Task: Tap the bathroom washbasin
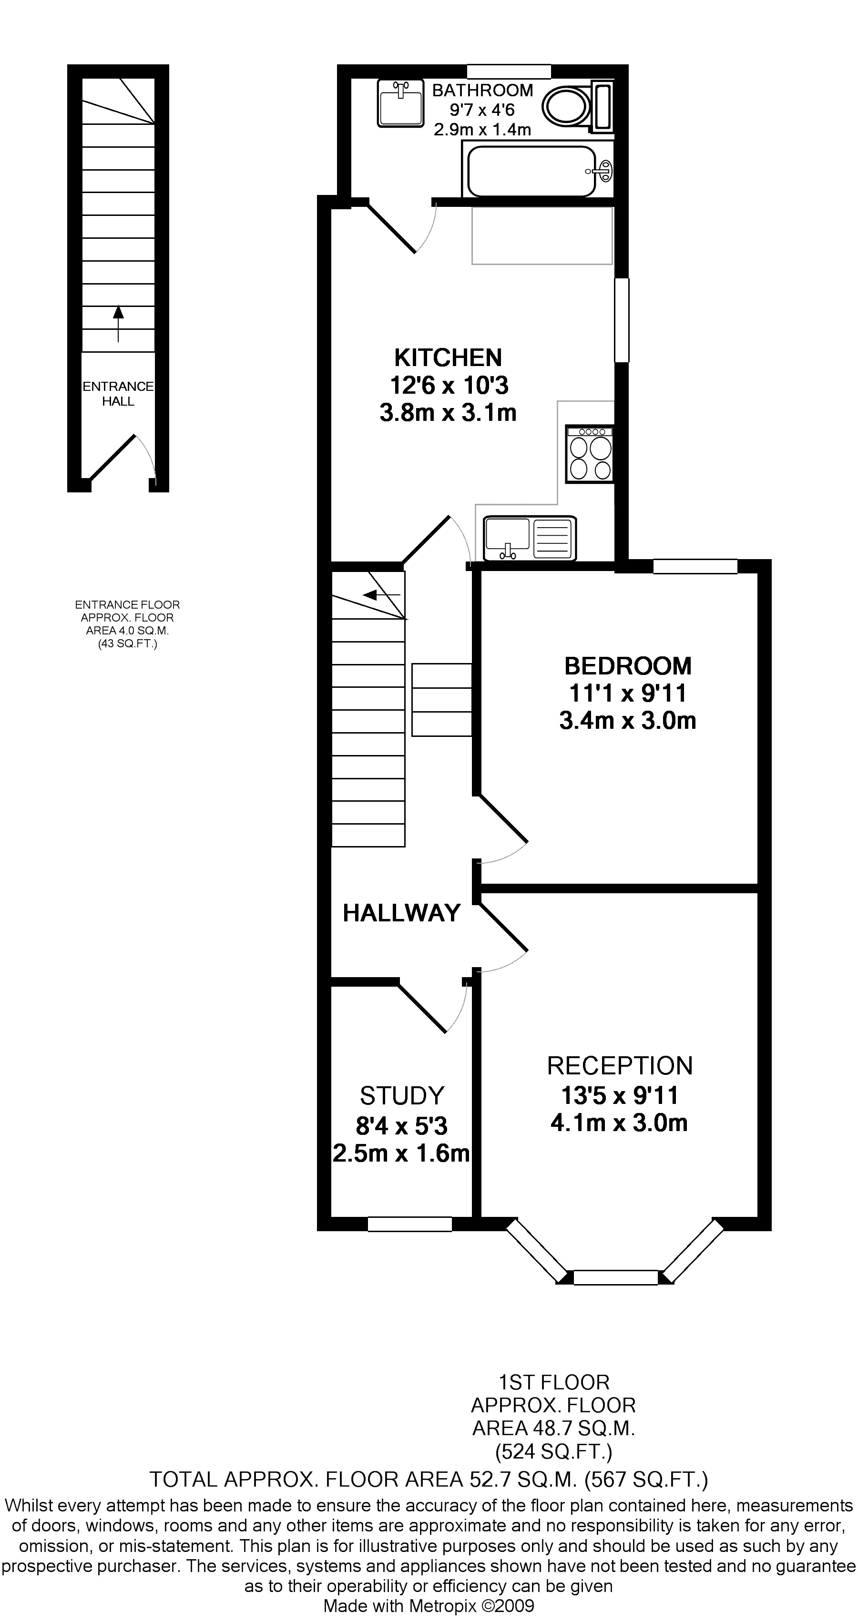[x=400, y=102]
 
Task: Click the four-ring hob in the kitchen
[x=590, y=454]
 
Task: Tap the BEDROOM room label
[x=627, y=665]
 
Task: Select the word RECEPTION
[x=620, y=1065]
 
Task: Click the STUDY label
[x=402, y=1096]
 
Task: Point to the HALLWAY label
[x=401, y=912]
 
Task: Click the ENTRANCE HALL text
[x=118, y=393]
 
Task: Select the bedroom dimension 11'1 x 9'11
[x=627, y=693]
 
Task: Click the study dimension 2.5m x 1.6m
[x=401, y=1153]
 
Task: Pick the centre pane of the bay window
[x=615, y=1277]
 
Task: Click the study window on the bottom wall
[x=409, y=1224]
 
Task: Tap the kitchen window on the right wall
[x=621, y=320]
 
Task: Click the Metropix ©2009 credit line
[x=429, y=1605]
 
